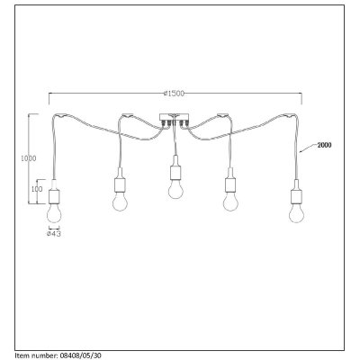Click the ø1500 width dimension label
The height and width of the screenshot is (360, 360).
click(174, 94)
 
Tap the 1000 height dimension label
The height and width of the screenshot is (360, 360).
click(28, 158)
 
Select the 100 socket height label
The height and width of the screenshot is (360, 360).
click(37, 189)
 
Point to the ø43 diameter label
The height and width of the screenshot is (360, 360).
click(54, 234)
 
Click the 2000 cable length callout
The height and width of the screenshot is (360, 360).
click(324, 145)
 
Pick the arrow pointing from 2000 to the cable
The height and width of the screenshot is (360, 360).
click(308, 148)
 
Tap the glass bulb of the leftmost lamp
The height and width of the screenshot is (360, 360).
click(54, 213)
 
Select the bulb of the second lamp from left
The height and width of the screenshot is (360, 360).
click(120, 202)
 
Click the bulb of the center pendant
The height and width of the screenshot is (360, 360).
click(176, 189)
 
